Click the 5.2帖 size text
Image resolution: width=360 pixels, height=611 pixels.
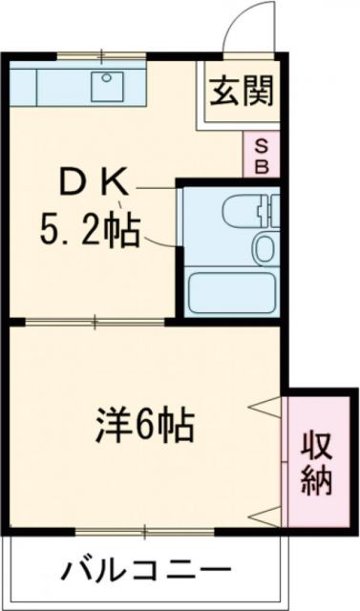pos(92,229)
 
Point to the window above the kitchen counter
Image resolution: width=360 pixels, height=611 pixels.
pos(99,54)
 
